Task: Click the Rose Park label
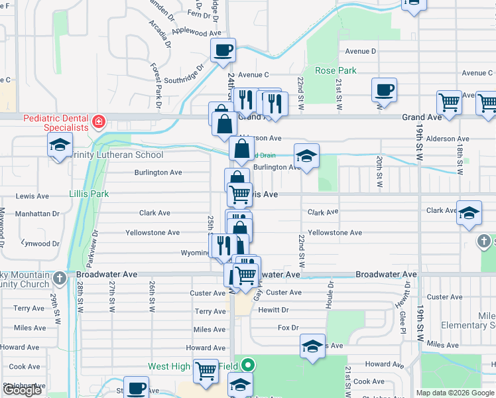pos(336,70)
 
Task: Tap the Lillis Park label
pos(88,194)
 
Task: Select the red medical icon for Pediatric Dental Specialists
pos(99,121)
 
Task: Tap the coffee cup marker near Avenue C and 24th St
pos(223,50)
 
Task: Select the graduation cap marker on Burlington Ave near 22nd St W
pos(307,156)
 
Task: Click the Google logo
pos(22,390)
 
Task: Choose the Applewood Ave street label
pos(196,31)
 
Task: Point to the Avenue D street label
pos(361,51)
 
